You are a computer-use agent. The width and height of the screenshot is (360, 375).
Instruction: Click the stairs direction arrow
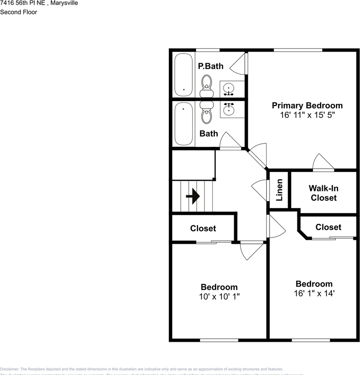(x=193, y=196)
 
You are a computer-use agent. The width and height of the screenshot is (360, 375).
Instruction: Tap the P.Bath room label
(x=211, y=66)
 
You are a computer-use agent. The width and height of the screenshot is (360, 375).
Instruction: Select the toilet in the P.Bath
(x=207, y=86)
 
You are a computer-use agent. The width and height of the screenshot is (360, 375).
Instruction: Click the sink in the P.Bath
(x=229, y=89)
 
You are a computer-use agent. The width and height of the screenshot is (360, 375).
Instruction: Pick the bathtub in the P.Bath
(x=184, y=75)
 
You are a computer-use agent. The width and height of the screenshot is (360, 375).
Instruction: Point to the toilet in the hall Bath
(x=207, y=112)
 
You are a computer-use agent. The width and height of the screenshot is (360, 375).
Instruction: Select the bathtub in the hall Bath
(x=184, y=124)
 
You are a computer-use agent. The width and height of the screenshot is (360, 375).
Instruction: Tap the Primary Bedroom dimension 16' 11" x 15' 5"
(x=307, y=115)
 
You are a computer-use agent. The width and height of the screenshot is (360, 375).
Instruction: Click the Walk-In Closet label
(x=324, y=193)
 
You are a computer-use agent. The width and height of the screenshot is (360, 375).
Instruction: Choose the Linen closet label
(x=279, y=190)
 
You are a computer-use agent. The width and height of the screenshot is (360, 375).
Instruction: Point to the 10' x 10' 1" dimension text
(x=219, y=296)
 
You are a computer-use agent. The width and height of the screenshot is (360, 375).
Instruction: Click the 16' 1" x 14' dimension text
(x=314, y=293)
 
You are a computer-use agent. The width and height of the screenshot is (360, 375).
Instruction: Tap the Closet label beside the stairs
(x=203, y=228)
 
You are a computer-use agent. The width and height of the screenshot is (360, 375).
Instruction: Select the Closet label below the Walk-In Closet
(x=328, y=227)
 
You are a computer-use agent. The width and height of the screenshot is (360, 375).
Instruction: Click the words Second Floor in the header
(x=18, y=12)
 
